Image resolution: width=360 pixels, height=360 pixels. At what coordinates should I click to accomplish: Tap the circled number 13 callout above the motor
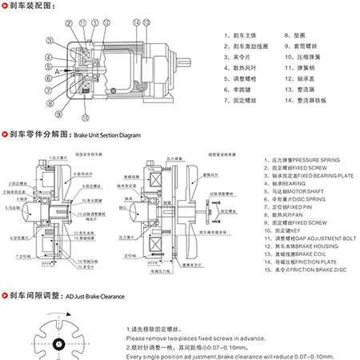pyautogui.click(x=147, y=22)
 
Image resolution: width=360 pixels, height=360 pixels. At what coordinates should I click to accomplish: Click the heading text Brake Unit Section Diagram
pyautogui.click(x=112, y=136)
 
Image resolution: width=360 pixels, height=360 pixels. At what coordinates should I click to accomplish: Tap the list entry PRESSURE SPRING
pyautogui.click(x=298, y=160)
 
